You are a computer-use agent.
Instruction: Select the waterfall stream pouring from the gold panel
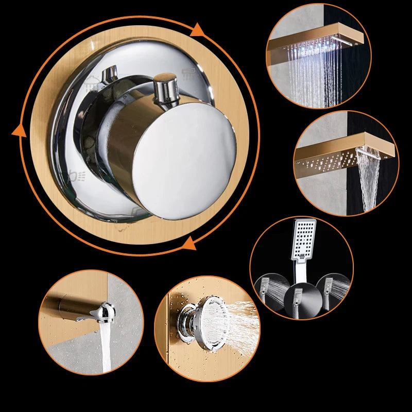point(370,180)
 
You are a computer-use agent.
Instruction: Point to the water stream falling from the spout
point(106,345)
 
